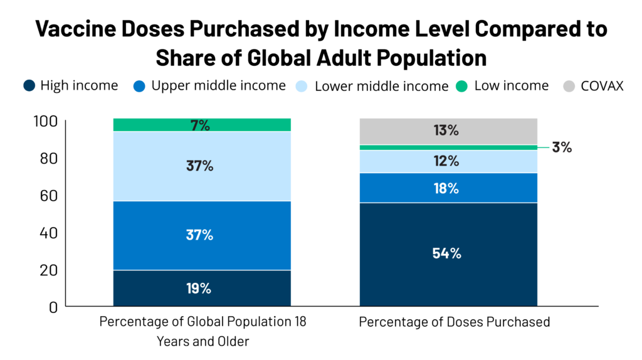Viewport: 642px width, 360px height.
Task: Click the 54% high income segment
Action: coord(448,254)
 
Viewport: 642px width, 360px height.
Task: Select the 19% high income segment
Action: coord(202,288)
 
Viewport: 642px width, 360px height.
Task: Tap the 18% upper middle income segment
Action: coord(448,188)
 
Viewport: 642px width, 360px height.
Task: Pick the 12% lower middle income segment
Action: coord(448,161)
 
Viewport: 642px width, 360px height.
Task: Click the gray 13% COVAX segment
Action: coord(448,131)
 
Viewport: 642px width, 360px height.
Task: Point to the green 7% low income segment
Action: coord(202,125)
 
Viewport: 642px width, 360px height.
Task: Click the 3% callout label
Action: coord(562,147)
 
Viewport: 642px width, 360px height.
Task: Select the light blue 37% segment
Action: coord(202,166)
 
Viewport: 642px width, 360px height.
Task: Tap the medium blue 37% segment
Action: coord(202,235)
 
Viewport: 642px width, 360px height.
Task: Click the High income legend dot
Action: coord(29,86)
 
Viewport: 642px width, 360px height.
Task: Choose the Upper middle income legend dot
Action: coord(140,86)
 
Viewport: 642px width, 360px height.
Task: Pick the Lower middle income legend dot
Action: coord(303,86)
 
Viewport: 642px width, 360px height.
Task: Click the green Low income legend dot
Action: coord(463,86)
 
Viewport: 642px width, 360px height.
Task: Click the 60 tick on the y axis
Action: coord(50,195)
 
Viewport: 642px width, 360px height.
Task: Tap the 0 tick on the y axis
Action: coord(53,307)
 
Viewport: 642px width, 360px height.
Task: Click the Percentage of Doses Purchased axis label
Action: coord(454,322)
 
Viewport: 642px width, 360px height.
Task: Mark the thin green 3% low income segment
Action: coord(448,147)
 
